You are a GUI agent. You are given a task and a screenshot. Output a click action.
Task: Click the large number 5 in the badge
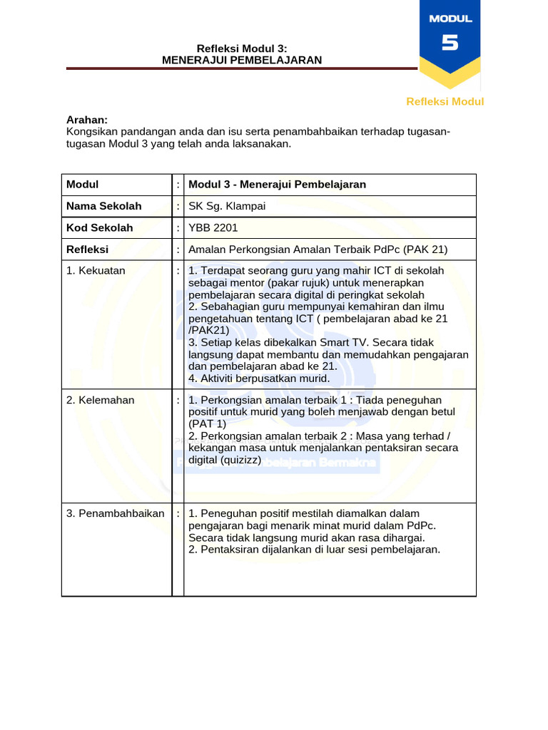pyautogui.click(x=450, y=43)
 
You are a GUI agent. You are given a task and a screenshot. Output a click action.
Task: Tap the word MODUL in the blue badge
pyautogui.click(x=450, y=19)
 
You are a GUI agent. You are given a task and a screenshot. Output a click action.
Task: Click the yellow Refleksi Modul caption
pyautogui.click(x=445, y=101)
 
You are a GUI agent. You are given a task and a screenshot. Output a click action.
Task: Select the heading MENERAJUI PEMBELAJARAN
pyautogui.click(x=242, y=60)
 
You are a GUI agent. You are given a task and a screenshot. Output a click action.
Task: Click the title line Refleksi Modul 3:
pyautogui.click(x=242, y=48)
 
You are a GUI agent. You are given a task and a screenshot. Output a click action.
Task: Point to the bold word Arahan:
pyautogui.click(x=87, y=120)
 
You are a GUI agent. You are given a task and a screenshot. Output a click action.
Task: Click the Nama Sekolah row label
pyautogui.click(x=104, y=206)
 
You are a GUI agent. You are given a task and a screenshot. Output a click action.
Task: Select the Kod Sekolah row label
pyautogui.click(x=99, y=228)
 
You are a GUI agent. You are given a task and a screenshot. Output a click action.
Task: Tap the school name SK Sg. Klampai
pyautogui.click(x=225, y=206)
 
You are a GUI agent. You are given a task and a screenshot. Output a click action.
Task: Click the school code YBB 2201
pyautogui.click(x=213, y=228)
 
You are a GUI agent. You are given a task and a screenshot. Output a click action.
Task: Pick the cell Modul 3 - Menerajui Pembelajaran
pyautogui.click(x=277, y=185)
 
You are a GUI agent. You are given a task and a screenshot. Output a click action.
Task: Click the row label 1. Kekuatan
pyautogui.click(x=96, y=271)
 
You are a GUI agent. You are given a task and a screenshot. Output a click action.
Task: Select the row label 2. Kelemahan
pyautogui.click(x=100, y=400)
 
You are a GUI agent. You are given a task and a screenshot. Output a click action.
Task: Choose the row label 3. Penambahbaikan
pyautogui.click(x=115, y=513)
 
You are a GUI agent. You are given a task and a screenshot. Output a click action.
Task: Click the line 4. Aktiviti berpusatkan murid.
pyautogui.click(x=259, y=379)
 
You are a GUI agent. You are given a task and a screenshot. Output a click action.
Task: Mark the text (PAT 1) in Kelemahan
pyautogui.click(x=207, y=423)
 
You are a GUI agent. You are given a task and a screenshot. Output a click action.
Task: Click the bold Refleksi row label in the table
pyautogui.click(x=87, y=250)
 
